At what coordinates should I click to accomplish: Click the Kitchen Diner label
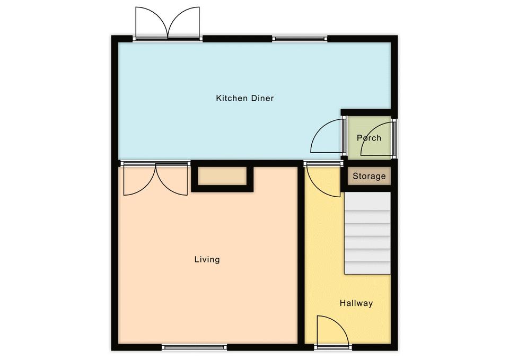pyautogui.click(x=245, y=98)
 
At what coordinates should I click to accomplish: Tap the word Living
pyautogui.click(x=207, y=259)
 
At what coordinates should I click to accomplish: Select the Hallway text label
pyautogui.click(x=356, y=303)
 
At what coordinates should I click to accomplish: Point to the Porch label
pyautogui.click(x=369, y=138)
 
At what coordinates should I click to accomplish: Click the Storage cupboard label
pyautogui.click(x=369, y=176)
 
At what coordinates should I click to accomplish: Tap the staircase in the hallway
pyautogui.click(x=367, y=233)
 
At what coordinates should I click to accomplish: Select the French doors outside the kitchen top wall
pyautogui.click(x=168, y=23)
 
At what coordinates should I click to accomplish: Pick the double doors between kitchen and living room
pyautogui.click(x=156, y=178)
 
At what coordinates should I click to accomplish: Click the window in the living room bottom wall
pyautogui.click(x=195, y=347)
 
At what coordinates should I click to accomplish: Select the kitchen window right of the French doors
pyautogui.click(x=300, y=39)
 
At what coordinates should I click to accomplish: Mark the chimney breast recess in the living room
pyautogui.click(x=222, y=176)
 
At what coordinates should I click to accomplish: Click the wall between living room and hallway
pyautogui.click(x=301, y=255)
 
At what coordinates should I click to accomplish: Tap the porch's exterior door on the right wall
pyautogui.click(x=394, y=138)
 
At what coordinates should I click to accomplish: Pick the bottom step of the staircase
pyautogui.click(x=367, y=268)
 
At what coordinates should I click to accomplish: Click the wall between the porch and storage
pyautogui.click(x=369, y=163)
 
